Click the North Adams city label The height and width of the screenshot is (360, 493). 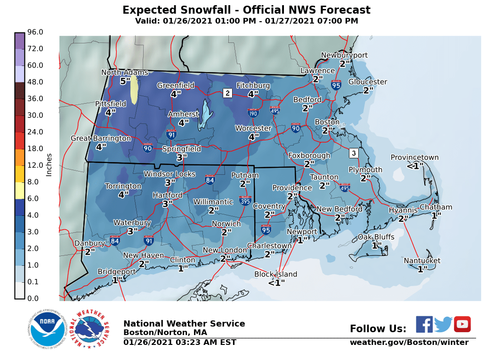tap(125, 73)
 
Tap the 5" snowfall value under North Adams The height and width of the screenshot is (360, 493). tap(125, 81)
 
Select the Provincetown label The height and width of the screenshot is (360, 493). tap(415, 158)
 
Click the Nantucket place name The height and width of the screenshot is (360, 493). tap(422, 261)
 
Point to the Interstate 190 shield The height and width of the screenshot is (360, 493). tap(253, 113)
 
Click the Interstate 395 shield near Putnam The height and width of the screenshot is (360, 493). tap(245, 200)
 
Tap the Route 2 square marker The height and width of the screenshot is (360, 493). tap(227, 93)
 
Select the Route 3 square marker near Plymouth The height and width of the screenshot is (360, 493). tap(354, 153)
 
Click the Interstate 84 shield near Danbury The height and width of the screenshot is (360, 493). tap(115, 240)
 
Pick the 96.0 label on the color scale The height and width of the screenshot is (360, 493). tap(35, 32)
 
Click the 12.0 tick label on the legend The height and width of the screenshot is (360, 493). tap(35, 165)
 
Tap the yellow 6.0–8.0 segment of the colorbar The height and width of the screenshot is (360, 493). tap(19, 190)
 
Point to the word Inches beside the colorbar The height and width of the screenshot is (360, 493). tap(49, 165)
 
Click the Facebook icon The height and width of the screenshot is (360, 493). tap(424, 324)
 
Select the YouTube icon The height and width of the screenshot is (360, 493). tap(462, 324)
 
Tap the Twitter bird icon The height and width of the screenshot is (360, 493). tap(443, 324)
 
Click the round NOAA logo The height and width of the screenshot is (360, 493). tap(46, 329)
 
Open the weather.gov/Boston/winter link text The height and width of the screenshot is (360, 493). tap(409, 343)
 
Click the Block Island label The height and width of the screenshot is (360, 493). tap(275, 274)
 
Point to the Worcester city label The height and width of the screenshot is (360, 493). tap(253, 128)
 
